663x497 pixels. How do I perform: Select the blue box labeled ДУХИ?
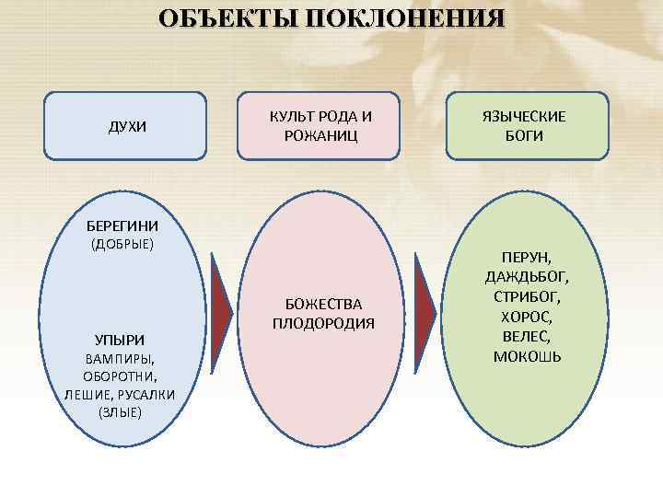coord(125,126)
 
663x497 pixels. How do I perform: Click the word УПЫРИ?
coord(120,340)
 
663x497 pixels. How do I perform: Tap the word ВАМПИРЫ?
coord(120,358)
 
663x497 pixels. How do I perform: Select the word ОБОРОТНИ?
coord(120,376)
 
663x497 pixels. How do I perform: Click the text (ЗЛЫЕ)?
coord(120,411)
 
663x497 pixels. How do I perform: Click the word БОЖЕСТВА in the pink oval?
coord(323,304)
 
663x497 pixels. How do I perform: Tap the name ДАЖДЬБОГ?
coord(527,277)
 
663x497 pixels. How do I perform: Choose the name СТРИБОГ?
coord(527,297)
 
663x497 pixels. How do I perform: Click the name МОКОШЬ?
coord(527,356)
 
